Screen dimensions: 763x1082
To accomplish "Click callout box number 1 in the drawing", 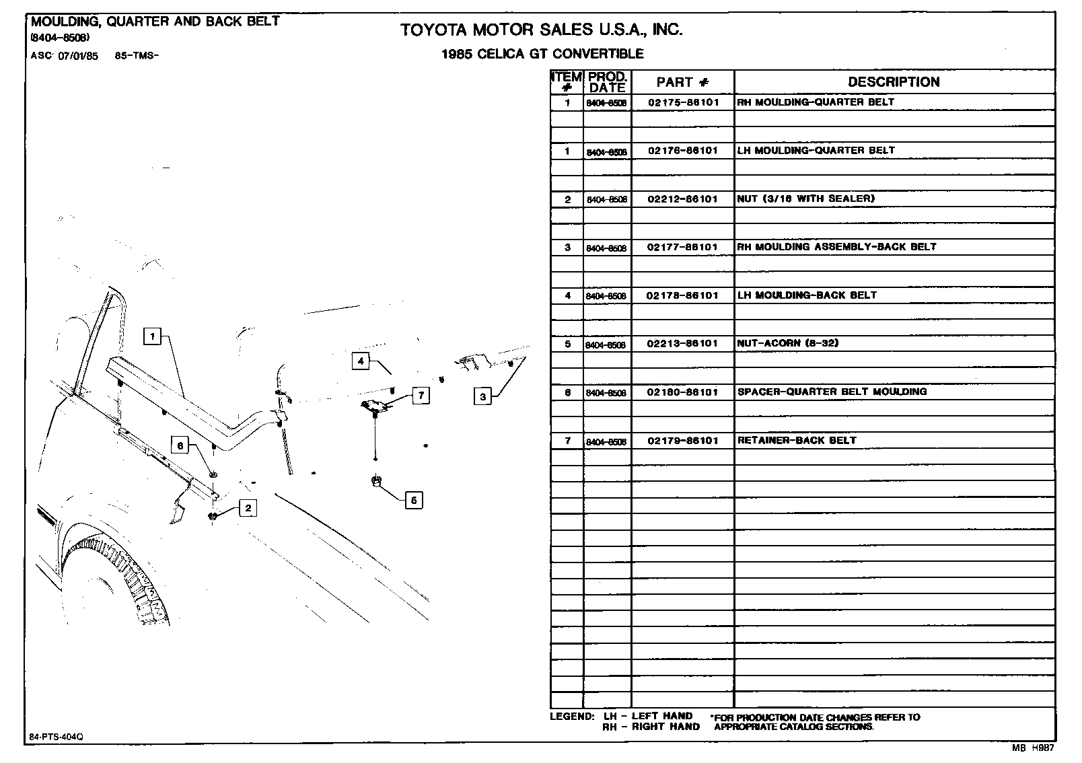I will tap(153, 336).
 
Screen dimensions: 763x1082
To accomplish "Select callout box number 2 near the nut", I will tap(248, 508).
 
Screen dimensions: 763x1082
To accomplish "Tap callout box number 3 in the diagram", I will tap(482, 397).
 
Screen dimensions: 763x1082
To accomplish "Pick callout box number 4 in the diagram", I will tap(361, 361).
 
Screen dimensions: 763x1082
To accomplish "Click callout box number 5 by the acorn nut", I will tap(414, 500).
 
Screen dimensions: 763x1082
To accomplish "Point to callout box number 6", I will tap(180, 445).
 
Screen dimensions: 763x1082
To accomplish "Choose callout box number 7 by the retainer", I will tap(421, 395).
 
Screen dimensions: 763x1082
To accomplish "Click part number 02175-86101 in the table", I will tap(682, 102).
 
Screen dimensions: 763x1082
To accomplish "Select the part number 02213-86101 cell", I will tap(682, 343).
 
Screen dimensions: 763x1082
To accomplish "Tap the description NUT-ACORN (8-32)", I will tap(787, 343).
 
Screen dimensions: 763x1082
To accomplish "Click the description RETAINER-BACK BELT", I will tap(797, 440).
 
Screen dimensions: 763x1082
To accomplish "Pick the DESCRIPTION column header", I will tap(893, 82).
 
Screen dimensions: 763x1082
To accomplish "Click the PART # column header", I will tap(682, 82).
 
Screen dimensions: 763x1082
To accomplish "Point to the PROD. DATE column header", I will tap(607, 82).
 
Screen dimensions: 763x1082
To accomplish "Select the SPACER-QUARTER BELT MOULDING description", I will tap(832, 392).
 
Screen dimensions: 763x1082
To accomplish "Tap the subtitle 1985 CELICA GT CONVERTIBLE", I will tap(542, 54).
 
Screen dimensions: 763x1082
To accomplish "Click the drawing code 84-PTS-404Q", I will tap(56, 737).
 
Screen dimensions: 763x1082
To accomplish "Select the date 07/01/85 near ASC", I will tap(78, 57).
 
